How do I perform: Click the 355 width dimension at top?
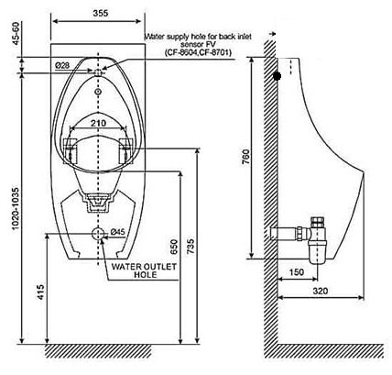(x=100, y=13)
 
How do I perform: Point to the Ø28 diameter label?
(x=63, y=65)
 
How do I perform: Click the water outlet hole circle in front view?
(x=100, y=233)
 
